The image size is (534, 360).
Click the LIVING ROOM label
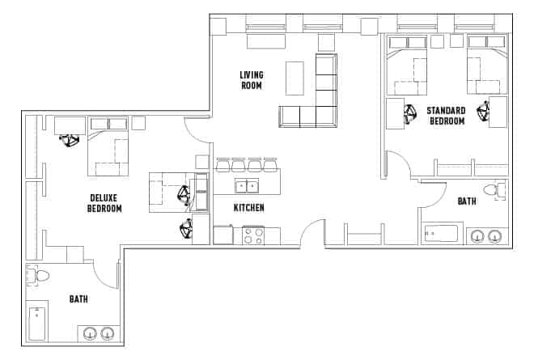point(251,80)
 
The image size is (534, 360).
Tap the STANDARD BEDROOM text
point(446,116)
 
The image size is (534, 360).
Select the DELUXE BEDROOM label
point(104,203)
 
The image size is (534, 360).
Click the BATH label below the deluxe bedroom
point(78,299)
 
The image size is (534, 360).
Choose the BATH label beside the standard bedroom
point(467,201)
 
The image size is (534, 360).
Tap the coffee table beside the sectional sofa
point(295,80)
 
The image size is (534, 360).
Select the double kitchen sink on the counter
point(246,187)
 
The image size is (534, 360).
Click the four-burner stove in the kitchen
point(252,235)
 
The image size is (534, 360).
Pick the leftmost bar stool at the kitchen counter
point(222,165)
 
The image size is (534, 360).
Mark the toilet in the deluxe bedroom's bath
point(37,276)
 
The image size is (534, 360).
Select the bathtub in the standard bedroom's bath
point(440,234)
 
